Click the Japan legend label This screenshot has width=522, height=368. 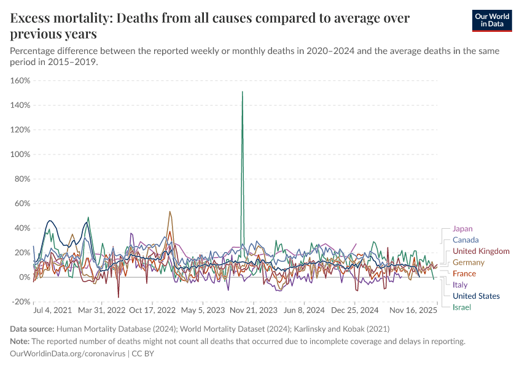click(462, 229)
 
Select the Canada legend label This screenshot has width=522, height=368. click(465, 240)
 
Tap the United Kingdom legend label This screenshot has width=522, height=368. click(481, 251)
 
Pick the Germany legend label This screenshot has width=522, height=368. click(469, 263)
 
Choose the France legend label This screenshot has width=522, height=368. click(464, 274)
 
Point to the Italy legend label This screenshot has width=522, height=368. click(460, 285)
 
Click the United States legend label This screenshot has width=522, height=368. click(476, 296)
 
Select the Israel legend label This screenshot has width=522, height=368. click(462, 307)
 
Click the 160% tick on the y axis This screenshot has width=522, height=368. click(20, 80)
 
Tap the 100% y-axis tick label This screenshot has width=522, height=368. click(20, 154)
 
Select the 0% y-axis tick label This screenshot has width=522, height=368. click(24, 277)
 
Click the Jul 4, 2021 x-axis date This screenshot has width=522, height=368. click(53, 311)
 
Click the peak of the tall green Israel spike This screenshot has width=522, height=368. click(243, 92)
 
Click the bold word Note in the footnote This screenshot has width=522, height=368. click(20, 342)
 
